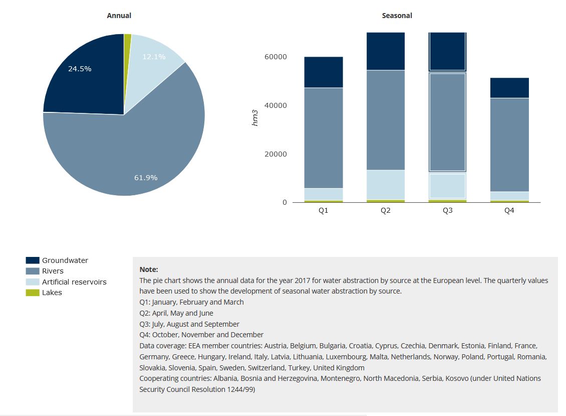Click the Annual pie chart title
click(119, 16)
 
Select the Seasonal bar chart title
click(397, 16)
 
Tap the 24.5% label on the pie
click(80, 69)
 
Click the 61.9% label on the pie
click(146, 178)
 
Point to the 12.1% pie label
click(154, 57)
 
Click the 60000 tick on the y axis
click(275, 57)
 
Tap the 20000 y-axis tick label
click(275, 154)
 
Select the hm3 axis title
click(255, 117)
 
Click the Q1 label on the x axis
click(324, 211)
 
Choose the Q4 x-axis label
click(509, 211)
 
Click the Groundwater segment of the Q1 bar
click(324, 72)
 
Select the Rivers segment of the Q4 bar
click(509, 145)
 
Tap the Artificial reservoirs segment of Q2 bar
click(386, 185)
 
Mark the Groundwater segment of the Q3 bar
click(448, 52)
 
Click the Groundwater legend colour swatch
click(33, 260)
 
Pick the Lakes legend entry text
click(52, 293)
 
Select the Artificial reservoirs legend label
click(74, 282)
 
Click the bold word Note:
click(149, 269)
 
